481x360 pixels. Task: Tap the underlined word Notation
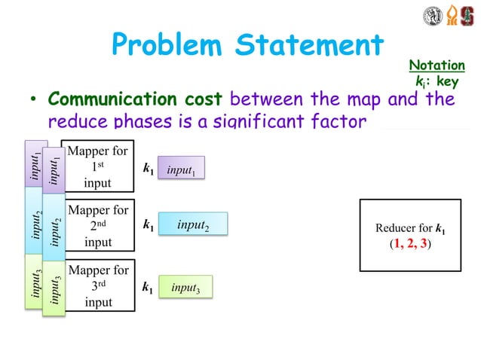coord(437,66)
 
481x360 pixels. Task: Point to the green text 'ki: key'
coord(437,81)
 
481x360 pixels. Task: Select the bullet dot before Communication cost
coord(34,101)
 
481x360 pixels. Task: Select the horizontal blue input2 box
coord(193,224)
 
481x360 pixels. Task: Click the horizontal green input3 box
coord(185,287)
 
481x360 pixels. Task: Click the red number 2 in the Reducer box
coord(411,244)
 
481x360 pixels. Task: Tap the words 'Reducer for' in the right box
coord(403,228)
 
